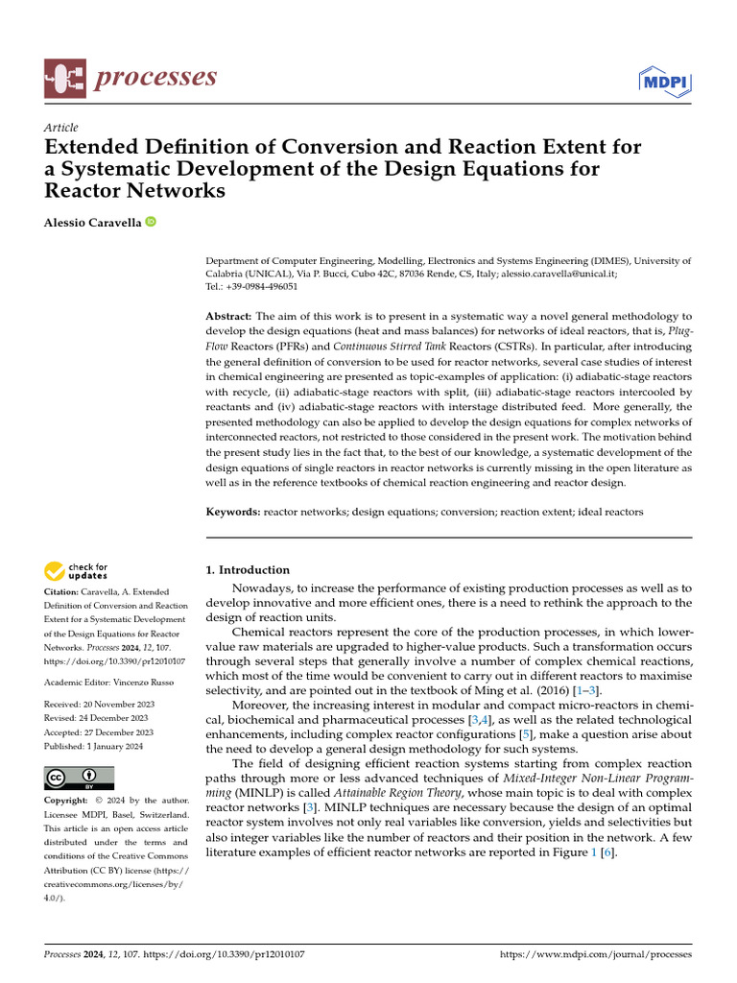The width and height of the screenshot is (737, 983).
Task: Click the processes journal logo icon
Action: (64, 78)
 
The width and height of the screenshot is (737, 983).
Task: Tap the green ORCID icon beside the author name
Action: (151, 223)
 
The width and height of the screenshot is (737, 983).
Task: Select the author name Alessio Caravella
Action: (93, 223)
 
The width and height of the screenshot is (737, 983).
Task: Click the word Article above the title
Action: (61, 128)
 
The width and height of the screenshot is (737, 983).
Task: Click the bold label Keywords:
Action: (233, 513)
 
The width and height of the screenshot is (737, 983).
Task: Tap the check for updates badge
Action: (77, 572)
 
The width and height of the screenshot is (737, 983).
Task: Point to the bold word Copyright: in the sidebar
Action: (68, 802)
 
